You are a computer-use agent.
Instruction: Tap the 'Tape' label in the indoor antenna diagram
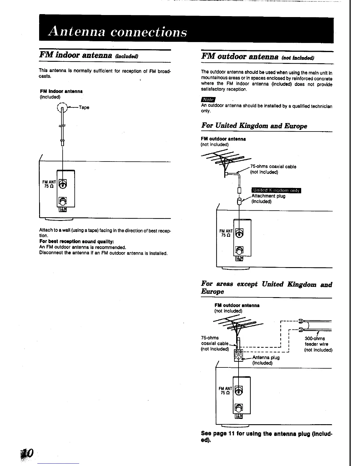pos(84,108)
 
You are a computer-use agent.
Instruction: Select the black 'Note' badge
pos(208,100)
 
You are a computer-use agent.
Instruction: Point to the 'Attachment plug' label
pos(268,196)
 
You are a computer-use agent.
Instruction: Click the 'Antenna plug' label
pos(266,358)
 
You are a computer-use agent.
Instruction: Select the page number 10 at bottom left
pos(28,453)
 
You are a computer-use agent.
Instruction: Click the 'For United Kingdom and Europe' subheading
pos(254,126)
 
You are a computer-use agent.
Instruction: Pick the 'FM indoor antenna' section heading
pos(88,55)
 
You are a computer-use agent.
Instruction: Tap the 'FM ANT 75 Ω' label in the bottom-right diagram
pos(226,390)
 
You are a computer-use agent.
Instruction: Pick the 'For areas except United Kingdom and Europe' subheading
pos(266,288)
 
